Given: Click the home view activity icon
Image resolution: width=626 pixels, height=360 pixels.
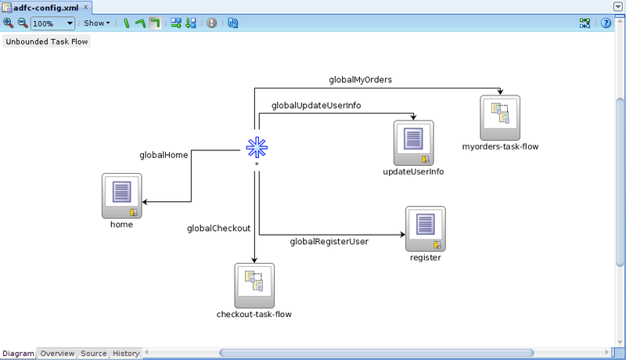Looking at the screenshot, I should (121, 195).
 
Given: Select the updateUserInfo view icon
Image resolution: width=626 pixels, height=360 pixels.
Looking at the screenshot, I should (413, 142).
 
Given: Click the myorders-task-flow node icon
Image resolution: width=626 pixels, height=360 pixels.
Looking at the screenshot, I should (500, 117).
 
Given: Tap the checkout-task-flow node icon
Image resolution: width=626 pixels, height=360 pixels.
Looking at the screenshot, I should (254, 285).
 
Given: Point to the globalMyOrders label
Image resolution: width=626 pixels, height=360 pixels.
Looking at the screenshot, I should (360, 80).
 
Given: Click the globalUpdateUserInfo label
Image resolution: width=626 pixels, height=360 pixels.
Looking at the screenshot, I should (316, 105).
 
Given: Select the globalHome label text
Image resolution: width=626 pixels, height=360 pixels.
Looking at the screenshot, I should (164, 155).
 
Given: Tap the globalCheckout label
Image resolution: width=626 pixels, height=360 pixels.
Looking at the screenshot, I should (218, 229).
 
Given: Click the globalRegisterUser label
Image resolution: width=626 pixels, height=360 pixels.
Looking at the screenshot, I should (329, 241).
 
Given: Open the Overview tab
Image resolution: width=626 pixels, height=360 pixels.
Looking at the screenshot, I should (57, 354).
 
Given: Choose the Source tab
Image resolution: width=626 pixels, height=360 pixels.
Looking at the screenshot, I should (94, 354).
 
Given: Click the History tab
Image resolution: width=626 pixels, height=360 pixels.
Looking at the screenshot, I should (126, 354).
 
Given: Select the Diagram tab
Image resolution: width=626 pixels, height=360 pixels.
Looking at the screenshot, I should (18, 354).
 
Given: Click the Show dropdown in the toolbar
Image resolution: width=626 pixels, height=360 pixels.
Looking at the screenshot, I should (96, 23).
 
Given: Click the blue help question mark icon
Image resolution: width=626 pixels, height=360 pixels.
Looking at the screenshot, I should (605, 23).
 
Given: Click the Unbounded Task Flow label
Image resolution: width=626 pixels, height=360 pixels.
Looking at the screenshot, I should (47, 41).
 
